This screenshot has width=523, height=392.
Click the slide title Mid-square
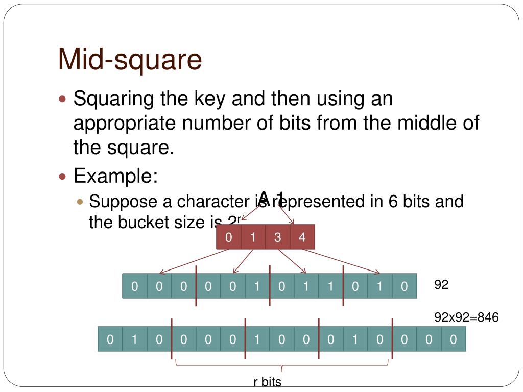[x=130, y=59]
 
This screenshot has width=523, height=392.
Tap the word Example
[x=115, y=176]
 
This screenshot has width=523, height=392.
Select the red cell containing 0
[x=228, y=237]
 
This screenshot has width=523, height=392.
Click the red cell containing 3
[x=277, y=237]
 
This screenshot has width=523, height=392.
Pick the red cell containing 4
[x=302, y=237]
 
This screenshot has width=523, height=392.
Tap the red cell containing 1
[x=253, y=237]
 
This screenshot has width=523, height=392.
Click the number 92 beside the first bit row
[x=441, y=285]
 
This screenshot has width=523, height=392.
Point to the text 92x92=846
[x=466, y=317]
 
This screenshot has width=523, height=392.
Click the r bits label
[x=267, y=382]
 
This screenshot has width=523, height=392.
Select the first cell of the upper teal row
[x=134, y=286]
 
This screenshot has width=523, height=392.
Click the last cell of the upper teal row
[x=404, y=286]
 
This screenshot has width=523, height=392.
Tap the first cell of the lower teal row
[x=110, y=339]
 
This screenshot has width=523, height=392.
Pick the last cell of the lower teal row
[x=453, y=339]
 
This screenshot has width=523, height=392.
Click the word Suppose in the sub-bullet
[x=123, y=201]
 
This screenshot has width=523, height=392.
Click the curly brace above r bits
[x=282, y=365]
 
